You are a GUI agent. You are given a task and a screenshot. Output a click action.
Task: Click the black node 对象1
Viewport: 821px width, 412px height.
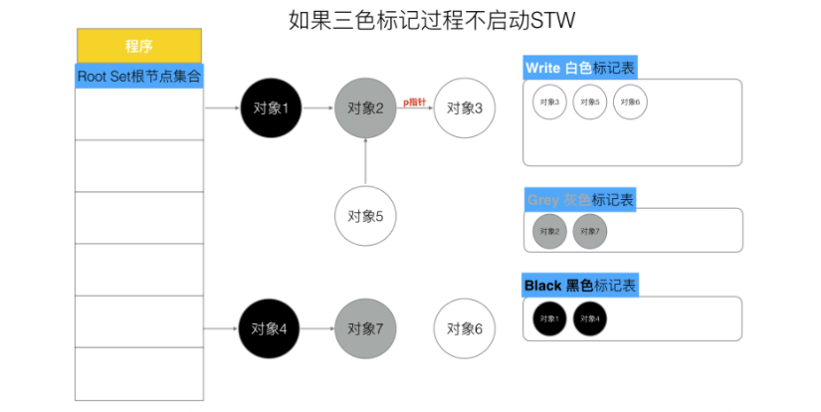[272, 107]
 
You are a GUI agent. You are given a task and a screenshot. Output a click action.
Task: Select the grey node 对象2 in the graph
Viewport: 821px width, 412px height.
[366, 107]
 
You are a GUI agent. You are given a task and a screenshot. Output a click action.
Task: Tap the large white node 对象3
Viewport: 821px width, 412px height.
[465, 107]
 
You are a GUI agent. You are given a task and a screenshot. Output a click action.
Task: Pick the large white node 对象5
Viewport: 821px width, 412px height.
[366, 215]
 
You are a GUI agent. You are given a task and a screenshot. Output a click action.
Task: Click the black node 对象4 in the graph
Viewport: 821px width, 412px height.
[272, 328]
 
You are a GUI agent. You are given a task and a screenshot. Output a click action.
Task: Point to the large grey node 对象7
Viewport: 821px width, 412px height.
[366, 328]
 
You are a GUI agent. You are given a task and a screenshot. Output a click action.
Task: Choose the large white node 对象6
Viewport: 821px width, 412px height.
[465, 328]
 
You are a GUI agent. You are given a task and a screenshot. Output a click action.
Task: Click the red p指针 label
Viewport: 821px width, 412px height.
[414, 102]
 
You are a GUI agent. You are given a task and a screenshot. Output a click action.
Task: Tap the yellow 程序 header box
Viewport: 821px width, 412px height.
[139, 46]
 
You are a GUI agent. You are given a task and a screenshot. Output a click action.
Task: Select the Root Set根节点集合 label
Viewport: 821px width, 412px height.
[139, 76]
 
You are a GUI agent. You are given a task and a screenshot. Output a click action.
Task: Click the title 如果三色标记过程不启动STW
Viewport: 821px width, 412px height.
[431, 20]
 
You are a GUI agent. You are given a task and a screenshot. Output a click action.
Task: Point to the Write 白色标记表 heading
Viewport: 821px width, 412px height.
[579, 68]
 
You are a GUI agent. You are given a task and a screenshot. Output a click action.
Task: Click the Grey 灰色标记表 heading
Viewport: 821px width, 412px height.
[579, 199]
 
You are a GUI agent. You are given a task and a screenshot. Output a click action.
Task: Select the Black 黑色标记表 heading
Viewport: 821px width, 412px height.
[580, 286]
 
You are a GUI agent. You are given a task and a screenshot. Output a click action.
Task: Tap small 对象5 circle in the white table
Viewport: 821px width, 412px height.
[590, 103]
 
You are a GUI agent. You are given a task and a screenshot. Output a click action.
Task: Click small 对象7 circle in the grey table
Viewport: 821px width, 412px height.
[590, 232]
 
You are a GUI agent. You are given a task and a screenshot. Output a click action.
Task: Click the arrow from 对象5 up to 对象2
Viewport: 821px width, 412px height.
[366, 161]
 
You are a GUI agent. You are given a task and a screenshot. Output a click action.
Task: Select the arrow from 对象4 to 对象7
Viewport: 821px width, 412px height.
[318, 328]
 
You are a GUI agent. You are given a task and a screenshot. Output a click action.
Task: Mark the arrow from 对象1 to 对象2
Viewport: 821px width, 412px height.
[318, 107]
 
